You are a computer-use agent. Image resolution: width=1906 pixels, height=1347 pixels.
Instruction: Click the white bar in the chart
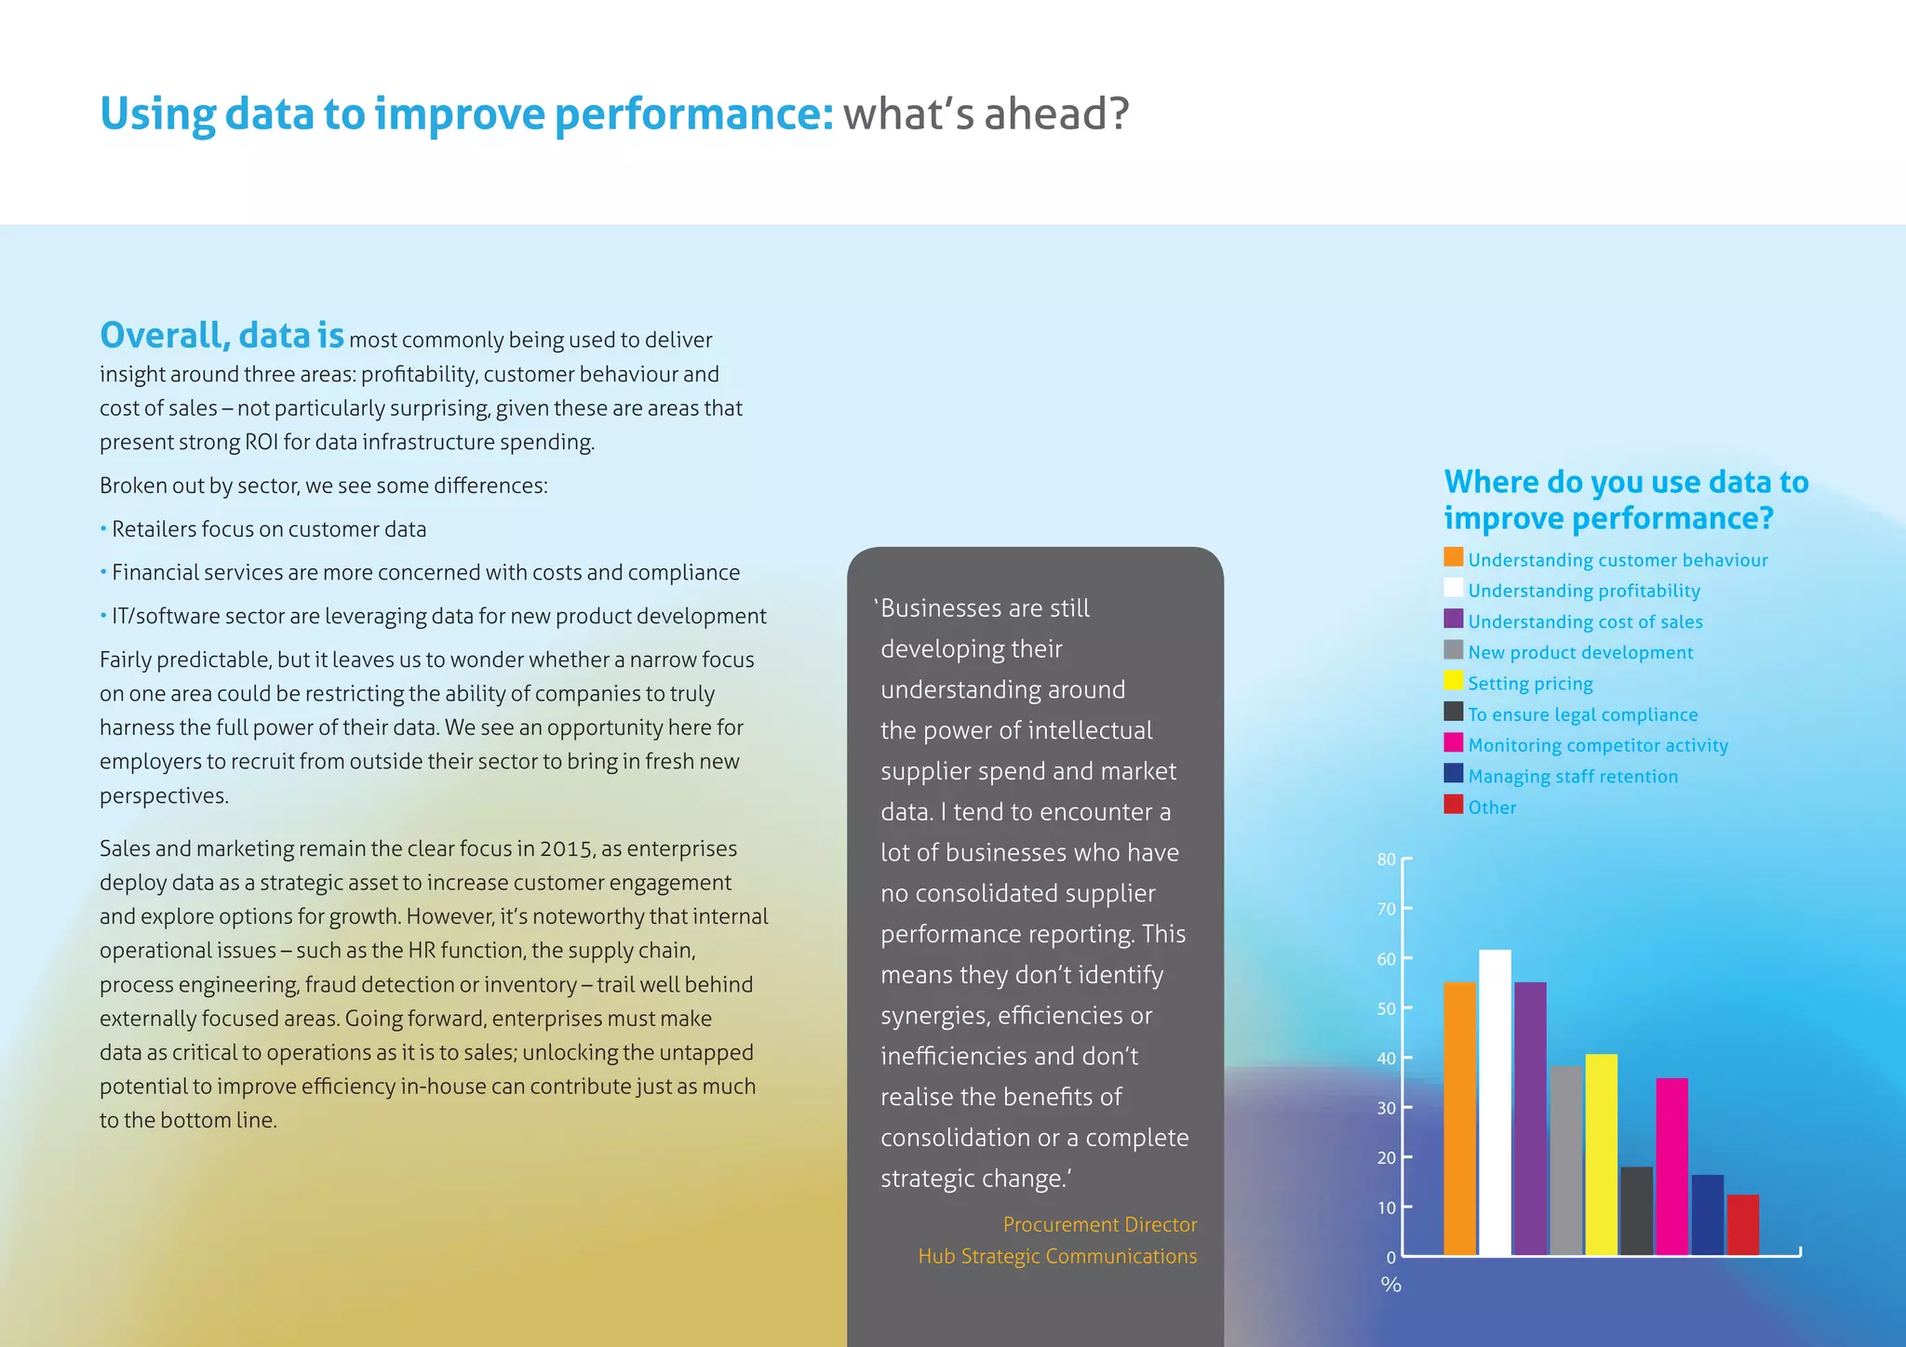[1495, 1102]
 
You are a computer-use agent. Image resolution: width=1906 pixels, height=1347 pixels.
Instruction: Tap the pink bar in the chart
[1671, 1167]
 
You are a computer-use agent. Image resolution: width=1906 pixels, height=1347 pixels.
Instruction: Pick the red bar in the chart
[1742, 1224]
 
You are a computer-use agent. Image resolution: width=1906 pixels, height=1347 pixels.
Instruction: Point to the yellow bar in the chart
[1601, 1154]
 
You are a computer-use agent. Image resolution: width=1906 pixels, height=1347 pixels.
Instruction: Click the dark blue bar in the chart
[1707, 1215]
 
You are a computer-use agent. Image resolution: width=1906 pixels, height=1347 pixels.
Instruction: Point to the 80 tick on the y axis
[1387, 860]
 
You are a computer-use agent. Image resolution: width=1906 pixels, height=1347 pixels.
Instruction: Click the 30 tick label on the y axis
[1387, 1108]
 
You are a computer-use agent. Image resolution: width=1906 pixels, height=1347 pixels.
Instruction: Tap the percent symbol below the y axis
[1391, 1285]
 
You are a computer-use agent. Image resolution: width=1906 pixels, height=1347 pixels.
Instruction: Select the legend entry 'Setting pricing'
[1530, 684]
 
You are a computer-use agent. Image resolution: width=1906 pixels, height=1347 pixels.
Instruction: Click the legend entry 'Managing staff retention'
[1573, 777]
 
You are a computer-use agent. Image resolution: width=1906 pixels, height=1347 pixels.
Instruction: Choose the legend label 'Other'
[1492, 807]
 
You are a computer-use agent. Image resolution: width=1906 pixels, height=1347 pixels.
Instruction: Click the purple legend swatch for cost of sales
[1453, 620]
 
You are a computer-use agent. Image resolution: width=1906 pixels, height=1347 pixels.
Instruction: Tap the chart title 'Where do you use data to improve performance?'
[1625, 500]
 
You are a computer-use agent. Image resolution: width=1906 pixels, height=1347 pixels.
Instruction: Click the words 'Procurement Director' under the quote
[1099, 1224]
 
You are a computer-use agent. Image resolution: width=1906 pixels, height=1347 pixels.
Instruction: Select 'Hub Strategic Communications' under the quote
[1057, 1256]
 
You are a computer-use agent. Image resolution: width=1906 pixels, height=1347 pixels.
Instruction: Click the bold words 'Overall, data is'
[221, 336]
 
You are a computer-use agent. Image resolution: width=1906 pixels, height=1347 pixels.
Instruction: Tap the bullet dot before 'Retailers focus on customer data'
[103, 529]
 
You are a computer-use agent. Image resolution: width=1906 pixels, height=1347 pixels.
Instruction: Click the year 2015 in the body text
[567, 848]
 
